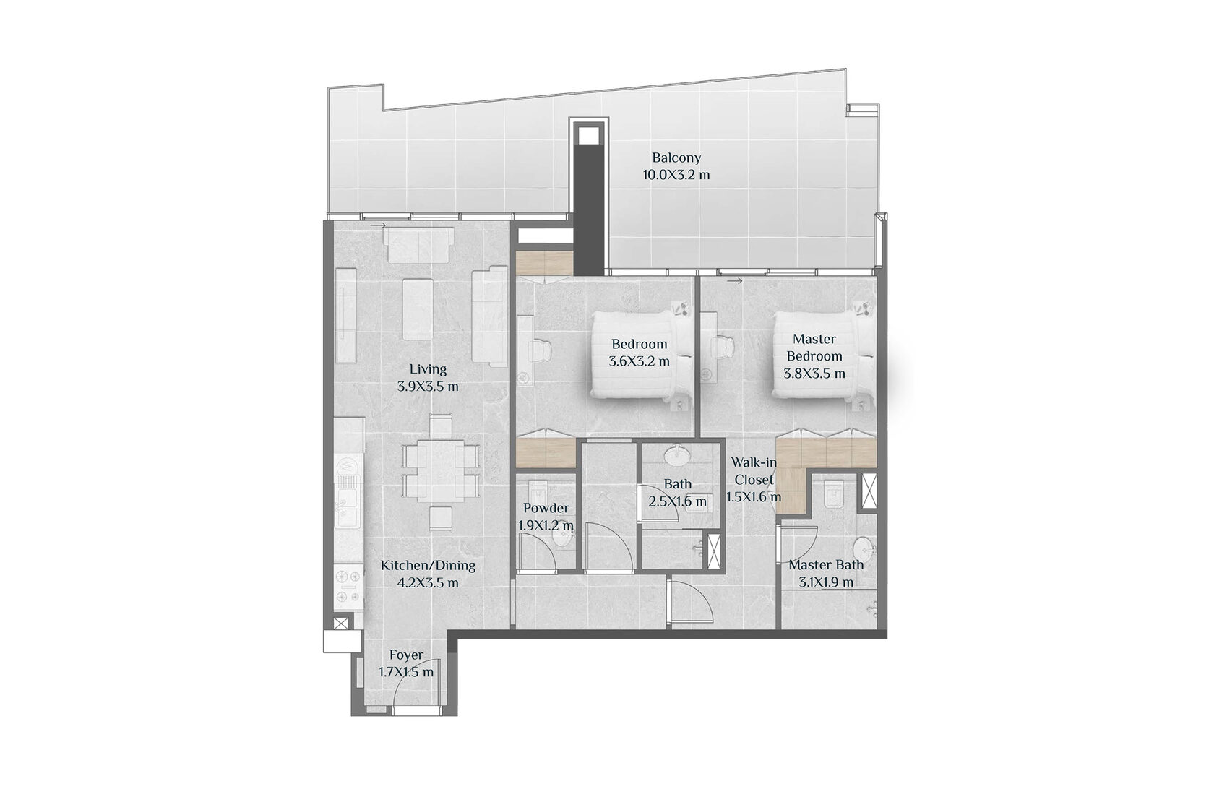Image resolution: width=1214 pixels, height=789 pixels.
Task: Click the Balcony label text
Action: (x=676, y=158)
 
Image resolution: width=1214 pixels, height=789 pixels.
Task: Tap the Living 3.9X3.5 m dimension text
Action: (x=428, y=387)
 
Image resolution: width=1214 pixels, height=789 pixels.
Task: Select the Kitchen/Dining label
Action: (x=428, y=566)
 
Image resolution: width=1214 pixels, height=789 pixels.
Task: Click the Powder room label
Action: (x=546, y=509)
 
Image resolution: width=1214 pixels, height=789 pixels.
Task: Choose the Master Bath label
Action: (x=826, y=565)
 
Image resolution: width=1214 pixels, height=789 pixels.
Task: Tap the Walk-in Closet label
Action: (x=754, y=471)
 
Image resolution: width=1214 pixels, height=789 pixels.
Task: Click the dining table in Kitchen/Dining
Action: (x=441, y=470)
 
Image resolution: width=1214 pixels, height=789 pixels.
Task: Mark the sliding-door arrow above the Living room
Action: (x=378, y=225)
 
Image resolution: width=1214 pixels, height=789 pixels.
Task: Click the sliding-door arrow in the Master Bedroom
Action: (x=735, y=281)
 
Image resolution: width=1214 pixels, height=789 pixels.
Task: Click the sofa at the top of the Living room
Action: (x=418, y=245)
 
